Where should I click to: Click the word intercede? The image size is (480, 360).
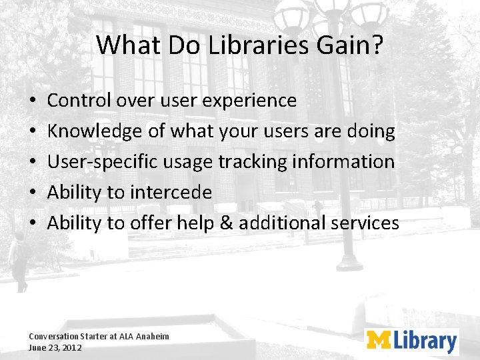[x=171, y=193]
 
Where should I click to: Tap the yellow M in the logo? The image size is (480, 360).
[x=379, y=341]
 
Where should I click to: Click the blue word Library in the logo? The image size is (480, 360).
[x=424, y=341]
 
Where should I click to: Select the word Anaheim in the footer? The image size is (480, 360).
[x=153, y=337]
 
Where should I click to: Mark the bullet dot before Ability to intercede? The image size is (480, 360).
[x=33, y=193]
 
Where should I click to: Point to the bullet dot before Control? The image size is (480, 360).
[x=33, y=101]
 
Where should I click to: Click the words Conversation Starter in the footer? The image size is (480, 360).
[x=67, y=337]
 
